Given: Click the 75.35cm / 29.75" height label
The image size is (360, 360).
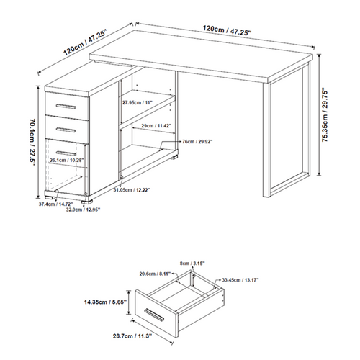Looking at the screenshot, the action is pos(325,116).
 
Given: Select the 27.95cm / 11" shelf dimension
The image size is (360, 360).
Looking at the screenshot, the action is pos(138,103).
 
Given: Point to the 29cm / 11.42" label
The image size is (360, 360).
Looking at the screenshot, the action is pos(156,125).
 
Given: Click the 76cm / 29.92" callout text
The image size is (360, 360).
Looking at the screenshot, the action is pos(197,142).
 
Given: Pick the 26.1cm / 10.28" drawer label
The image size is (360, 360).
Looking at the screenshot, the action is pos(66,160).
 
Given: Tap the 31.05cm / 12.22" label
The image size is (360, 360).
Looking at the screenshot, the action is pos(132,190).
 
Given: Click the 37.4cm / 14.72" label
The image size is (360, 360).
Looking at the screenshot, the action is pos(55,204).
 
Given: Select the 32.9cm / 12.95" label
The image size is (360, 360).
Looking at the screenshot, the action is pos(83,210).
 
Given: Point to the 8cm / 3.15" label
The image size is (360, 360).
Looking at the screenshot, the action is pos(192,264).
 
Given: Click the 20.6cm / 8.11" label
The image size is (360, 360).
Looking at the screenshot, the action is pos(155,274).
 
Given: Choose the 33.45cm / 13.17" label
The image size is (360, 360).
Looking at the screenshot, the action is pos(240,280).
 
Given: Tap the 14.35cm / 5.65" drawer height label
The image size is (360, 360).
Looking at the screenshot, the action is pos(105,302).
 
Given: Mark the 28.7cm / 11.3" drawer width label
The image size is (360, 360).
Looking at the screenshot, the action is pos(132,336).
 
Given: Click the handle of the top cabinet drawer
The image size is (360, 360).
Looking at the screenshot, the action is pos(66,107).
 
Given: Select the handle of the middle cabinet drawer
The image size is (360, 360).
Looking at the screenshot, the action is pos(66,130).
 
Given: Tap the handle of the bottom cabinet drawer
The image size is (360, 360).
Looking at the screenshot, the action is pos(66,153).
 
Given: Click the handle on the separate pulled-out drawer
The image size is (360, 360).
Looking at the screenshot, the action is pos(154,315).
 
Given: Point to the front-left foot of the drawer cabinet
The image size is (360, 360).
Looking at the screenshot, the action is pos(50,197).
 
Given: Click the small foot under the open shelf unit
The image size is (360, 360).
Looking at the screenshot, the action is pos(174,158).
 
